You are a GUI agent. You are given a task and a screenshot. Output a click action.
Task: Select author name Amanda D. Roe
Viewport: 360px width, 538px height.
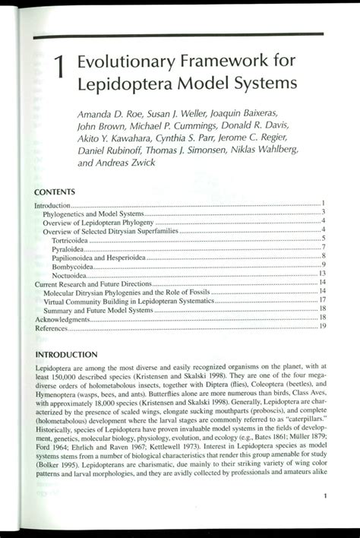click(111, 115)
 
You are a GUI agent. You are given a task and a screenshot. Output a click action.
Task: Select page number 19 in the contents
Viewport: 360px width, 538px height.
click(323, 327)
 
